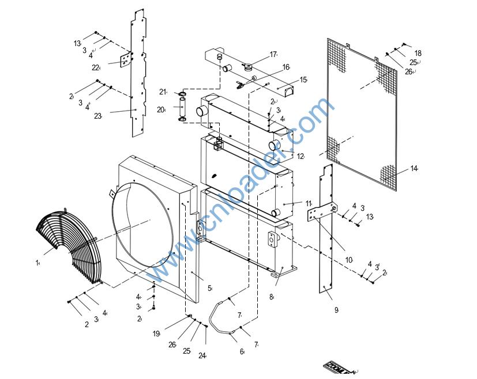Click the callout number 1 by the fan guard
point(37,263)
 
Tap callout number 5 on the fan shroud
point(209,288)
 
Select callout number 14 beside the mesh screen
point(414,169)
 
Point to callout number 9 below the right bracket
point(336,310)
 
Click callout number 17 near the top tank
point(273,55)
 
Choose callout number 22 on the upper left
point(96,67)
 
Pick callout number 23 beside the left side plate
point(97,116)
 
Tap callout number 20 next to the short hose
point(161,109)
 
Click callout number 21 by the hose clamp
point(163,92)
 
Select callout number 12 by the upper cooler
point(300,156)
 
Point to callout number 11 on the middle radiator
point(309,203)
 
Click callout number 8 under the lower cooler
point(271,297)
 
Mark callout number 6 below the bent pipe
point(242,351)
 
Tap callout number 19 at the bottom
point(156,333)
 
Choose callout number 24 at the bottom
point(202,355)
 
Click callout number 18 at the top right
point(418,53)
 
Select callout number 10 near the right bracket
point(349,260)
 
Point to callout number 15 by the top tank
point(303,80)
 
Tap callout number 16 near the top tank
point(286,67)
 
